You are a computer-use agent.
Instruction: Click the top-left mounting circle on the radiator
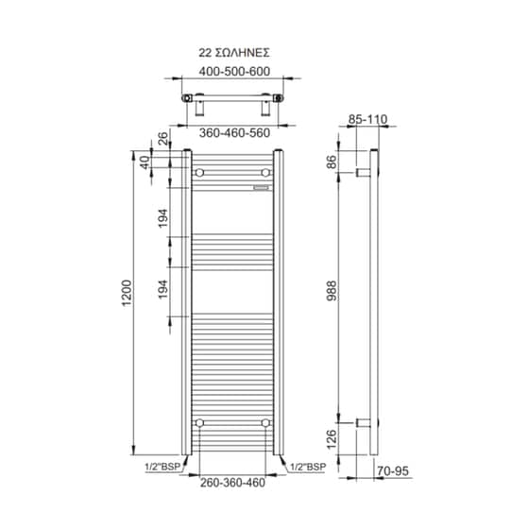[199, 174]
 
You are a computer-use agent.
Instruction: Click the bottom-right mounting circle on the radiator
[266, 422]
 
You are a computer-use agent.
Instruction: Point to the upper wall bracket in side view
[362, 172]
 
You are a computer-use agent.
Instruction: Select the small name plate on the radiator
[261, 187]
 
